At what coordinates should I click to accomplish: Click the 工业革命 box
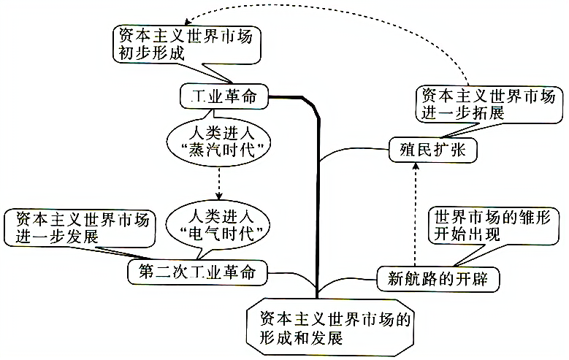(224, 95)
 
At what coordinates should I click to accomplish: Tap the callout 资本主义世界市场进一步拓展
(489, 104)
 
